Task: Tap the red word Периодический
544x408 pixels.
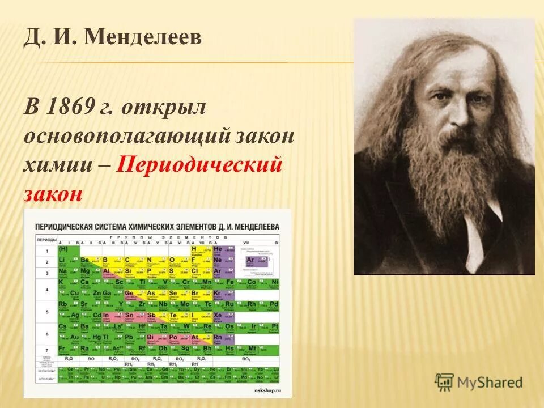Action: click(x=199, y=165)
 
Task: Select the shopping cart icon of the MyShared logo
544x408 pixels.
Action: click(x=444, y=381)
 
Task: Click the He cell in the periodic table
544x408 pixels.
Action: click(x=218, y=249)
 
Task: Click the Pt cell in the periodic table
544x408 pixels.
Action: click(x=274, y=327)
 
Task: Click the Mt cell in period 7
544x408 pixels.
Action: click(x=252, y=348)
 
